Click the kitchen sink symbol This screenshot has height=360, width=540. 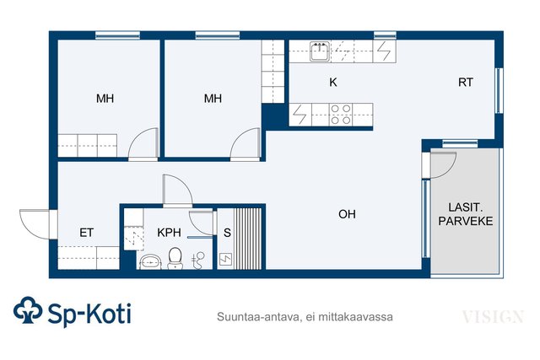pos(320,51)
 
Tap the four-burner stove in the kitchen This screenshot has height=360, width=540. pos(341,115)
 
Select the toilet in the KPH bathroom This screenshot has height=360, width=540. pos(175,258)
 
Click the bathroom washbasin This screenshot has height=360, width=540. pos(150,262)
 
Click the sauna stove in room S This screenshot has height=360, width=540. pos(225,259)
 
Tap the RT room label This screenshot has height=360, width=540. pos(465,83)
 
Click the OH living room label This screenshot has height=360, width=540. pos(347,214)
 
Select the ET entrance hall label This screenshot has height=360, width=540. pos(86,233)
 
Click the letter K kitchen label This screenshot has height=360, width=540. pos(333,83)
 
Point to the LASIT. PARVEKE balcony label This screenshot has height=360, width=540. pos(465,214)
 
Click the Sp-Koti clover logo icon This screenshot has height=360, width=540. pos(28,310)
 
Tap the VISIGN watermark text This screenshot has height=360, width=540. pos(493,317)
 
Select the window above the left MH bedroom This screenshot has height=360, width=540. pos(117,35)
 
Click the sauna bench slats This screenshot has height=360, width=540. pos(247,239)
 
